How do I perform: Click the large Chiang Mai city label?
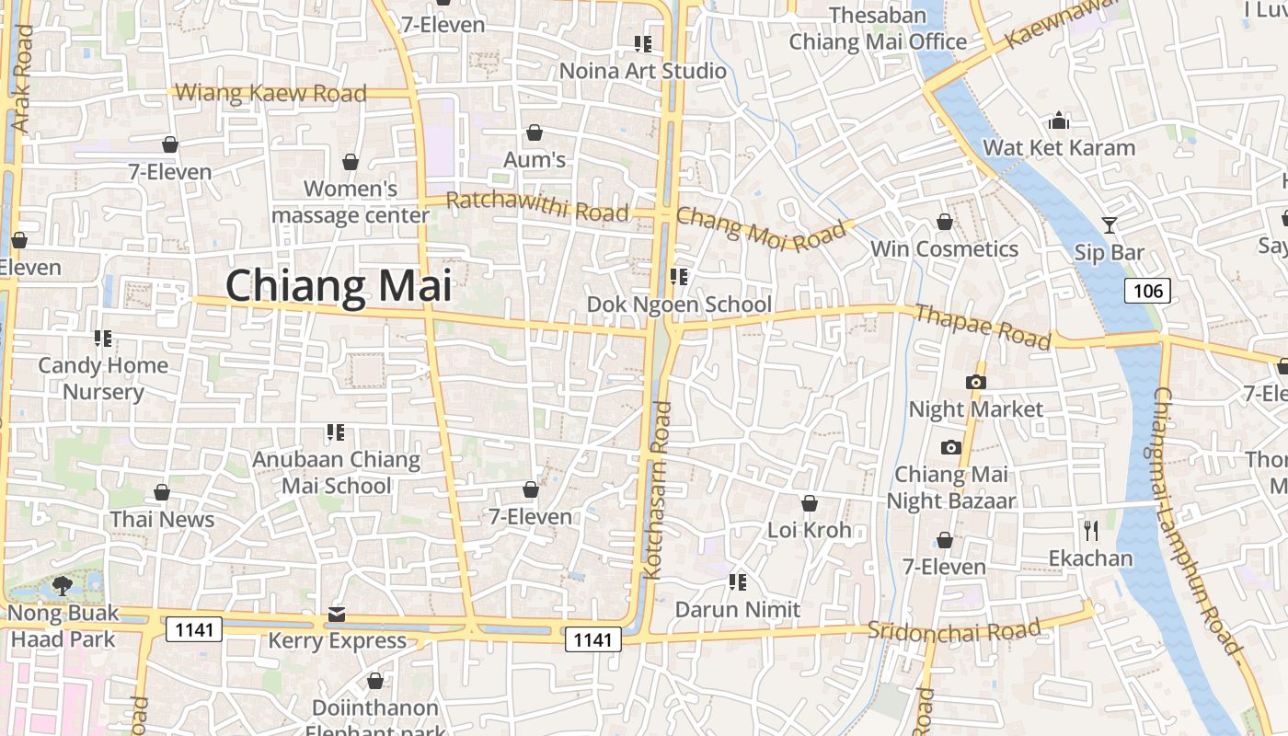[x=339, y=286]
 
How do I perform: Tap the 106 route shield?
[x=1147, y=292]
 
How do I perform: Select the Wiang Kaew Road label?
[x=270, y=93]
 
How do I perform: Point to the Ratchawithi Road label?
[x=537, y=206]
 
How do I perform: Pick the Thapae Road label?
[x=983, y=327]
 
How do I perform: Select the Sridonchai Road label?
[x=953, y=630]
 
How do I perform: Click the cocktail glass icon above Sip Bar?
[x=1110, y=225]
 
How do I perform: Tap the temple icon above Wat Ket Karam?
[x=1059, y=121]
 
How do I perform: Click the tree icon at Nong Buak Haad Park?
[x=63, y=585]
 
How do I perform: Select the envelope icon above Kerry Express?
[x=337, y=614]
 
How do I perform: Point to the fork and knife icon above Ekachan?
[x=1091, y=531]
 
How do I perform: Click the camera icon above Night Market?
[x=976, y=382]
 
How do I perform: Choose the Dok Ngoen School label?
[x=679, y=304]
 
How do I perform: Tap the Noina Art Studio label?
[x=642, y=71]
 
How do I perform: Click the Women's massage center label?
[x=351, y=202]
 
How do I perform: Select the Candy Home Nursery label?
[x=103, y=378]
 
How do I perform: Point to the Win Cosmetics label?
[x=944, y=249]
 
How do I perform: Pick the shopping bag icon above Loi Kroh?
[x=810, y=503]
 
